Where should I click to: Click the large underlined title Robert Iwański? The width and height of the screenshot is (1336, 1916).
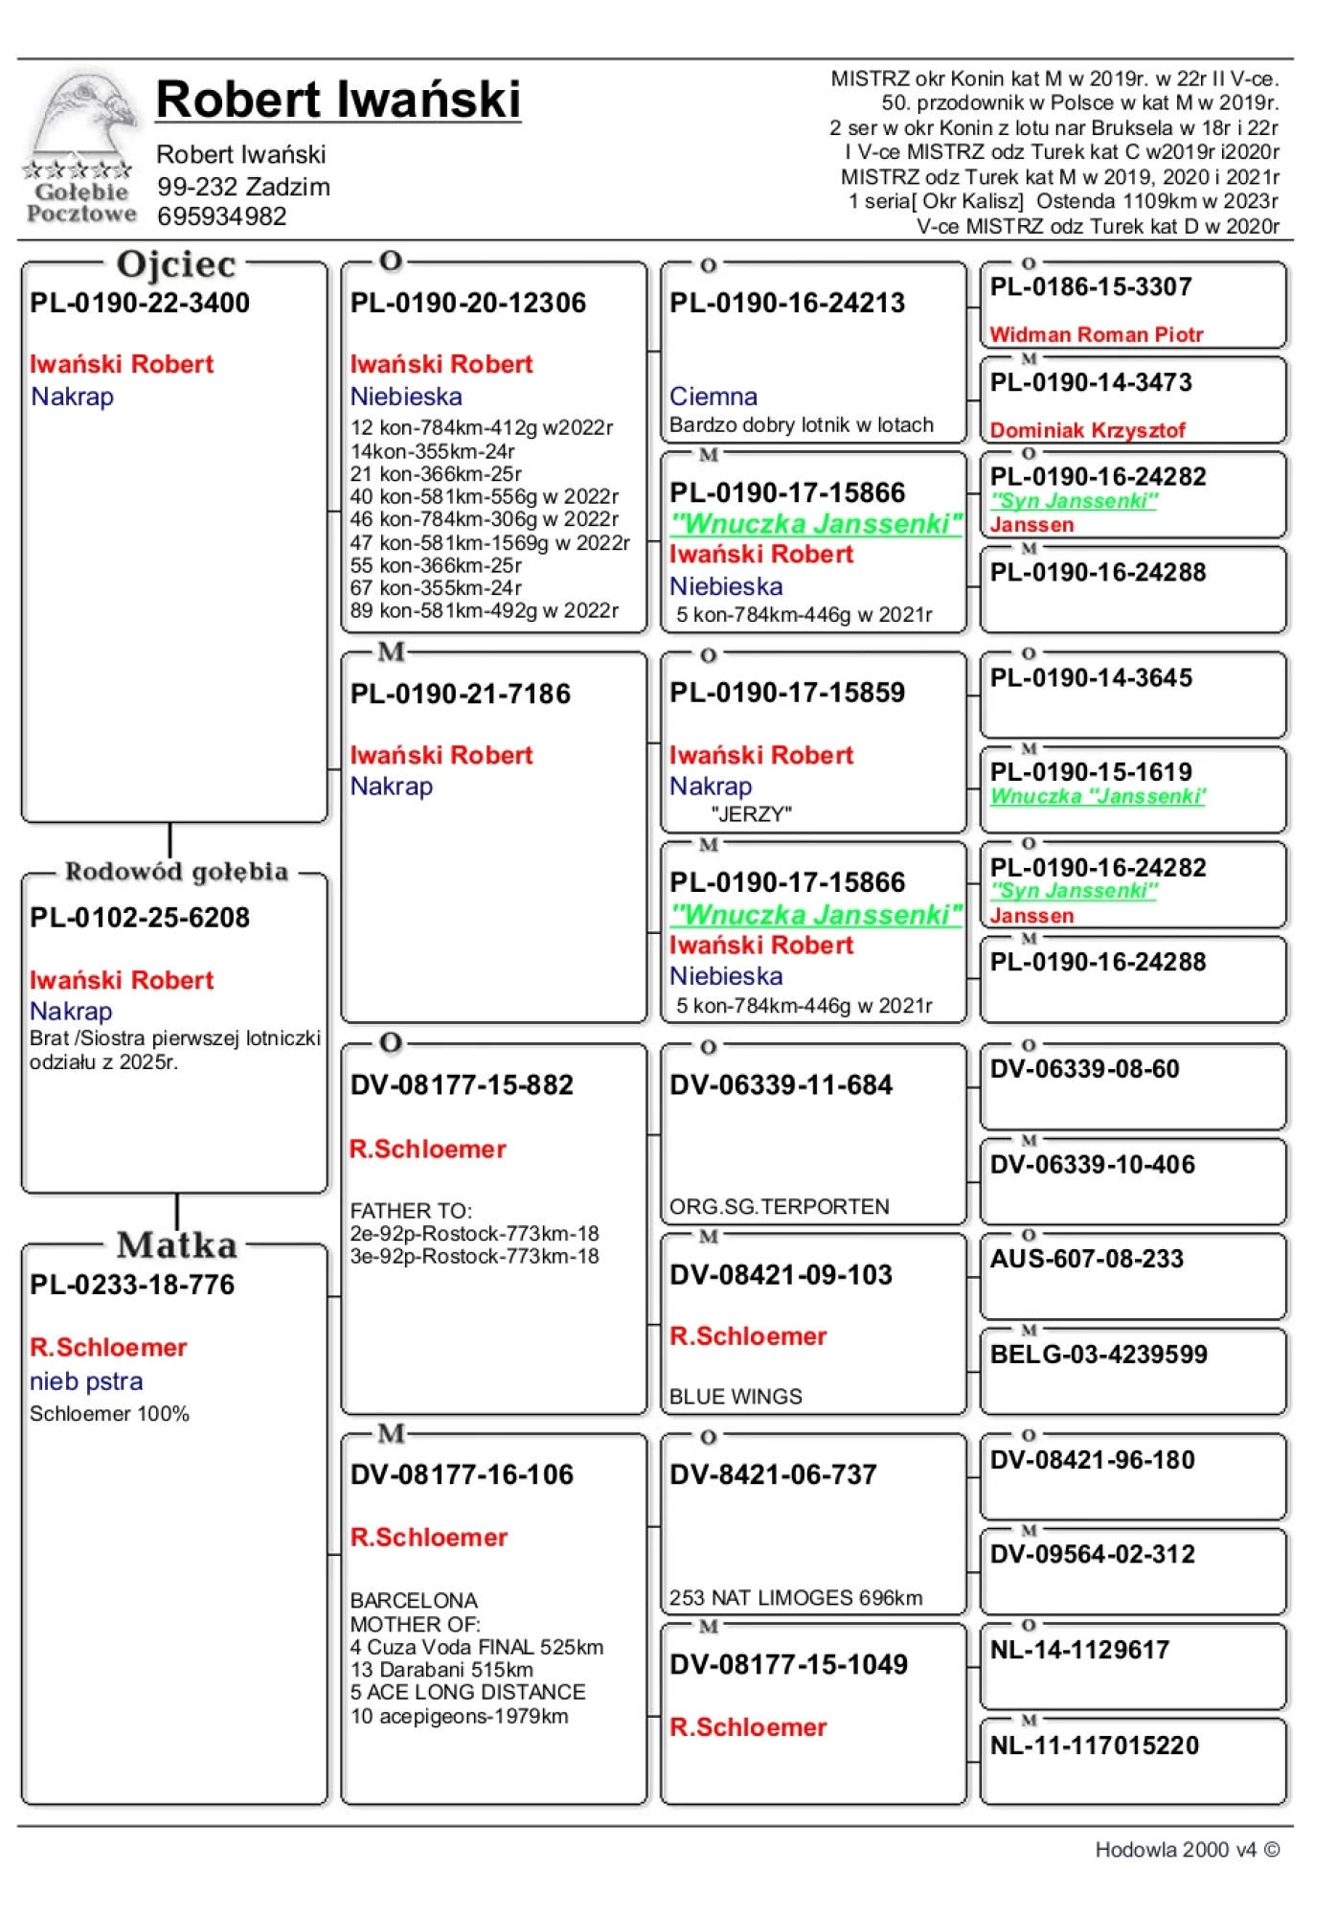[338, 100]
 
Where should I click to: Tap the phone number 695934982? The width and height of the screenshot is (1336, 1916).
[222, 217]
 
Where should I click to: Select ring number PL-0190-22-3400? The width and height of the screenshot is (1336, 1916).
[140, 303]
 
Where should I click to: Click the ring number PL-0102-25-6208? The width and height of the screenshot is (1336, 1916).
[140, 918]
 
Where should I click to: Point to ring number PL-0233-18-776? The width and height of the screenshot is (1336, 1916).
[132, 1285]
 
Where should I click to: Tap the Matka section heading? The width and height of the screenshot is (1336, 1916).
[177, 1244]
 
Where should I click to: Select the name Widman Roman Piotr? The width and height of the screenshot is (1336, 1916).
[1096, 334]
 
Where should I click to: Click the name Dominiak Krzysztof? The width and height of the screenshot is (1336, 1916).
[1087, 430]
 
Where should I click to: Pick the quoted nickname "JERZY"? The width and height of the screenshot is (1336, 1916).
[751, 814]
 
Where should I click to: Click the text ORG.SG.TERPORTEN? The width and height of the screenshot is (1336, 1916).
[779, 1206]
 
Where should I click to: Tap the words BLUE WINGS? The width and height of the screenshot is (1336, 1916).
[736, 1397]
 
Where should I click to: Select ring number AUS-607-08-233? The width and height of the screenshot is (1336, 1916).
[1086, 1259]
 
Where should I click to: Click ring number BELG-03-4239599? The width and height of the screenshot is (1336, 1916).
[1098, 1355]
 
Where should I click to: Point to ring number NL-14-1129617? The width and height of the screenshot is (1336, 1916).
[1079, 1650]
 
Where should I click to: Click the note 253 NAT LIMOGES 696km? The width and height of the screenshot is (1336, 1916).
[795, 1598]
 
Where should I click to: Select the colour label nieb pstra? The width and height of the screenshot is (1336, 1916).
[86, 1381]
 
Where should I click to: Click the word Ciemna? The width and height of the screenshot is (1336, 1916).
[713, 397]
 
